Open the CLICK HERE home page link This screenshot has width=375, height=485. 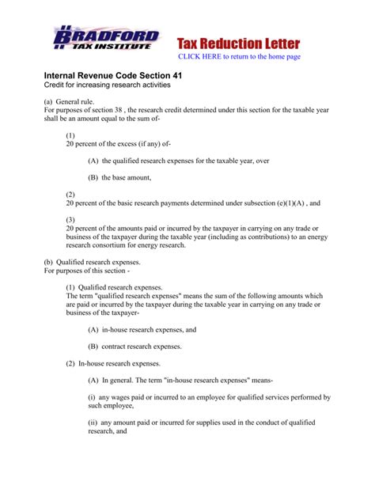(x=250, y=57)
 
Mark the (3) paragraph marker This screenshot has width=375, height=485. (x=70, y=219)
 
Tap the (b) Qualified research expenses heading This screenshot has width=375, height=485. (x=92, y=262)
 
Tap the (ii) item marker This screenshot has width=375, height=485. (x=94, y=423)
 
